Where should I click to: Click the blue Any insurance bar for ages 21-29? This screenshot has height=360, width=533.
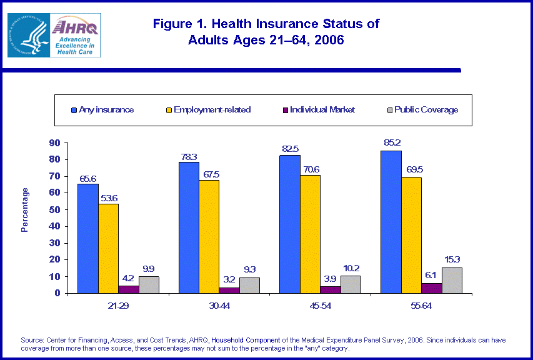pyautogui.click(x=88, y=238)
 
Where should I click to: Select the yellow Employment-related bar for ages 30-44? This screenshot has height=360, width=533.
pyautogui.click(x=209, y=236)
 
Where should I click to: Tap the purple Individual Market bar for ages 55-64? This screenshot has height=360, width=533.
pyautogui.click(x=431, y=287)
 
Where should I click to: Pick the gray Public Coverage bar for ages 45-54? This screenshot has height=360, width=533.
pyautogui.click(x=350, y=284)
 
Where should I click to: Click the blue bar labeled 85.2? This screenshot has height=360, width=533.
pyautogui.click(x=391, y=222)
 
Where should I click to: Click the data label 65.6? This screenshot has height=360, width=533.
pyautogui.click(x=88, y=178)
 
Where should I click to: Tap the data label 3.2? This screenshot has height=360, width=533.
pyautogui.click(x=229, y=279)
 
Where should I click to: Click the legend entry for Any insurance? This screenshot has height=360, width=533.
pyautogui.click(x=102, y=109)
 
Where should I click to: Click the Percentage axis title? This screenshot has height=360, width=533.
pyautogui.click(x=25, y=209)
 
